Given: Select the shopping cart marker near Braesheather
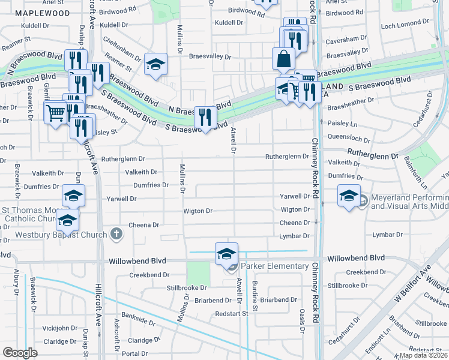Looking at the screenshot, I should pyautogui.click(x=55, y=112).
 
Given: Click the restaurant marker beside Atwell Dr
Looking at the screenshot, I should pyautogui.click(x=206, y=117).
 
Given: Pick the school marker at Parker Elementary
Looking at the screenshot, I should pyautogui.click(x=227, y=254).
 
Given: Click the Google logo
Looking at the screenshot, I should pyautogui.click(x=20, y=352).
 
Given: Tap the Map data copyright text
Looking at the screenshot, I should pyautogui.click(x=424, y=355).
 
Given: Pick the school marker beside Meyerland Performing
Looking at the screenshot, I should pyautogui.click(x=349, y=196).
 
